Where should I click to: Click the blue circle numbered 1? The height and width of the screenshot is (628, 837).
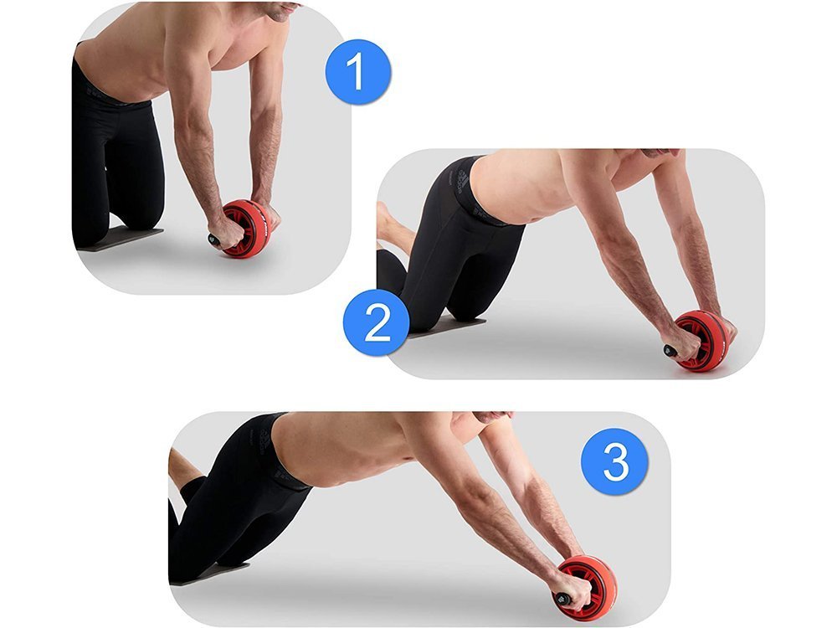pos(358,71)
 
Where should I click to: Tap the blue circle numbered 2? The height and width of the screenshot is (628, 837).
pos(377,323)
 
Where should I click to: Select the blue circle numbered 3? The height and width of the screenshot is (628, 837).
pos(614,461)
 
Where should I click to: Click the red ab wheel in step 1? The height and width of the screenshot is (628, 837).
pos(247,229)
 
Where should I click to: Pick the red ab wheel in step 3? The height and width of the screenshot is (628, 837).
pos(588,588)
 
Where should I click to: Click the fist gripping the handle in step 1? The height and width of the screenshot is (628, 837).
pos(229,232)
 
